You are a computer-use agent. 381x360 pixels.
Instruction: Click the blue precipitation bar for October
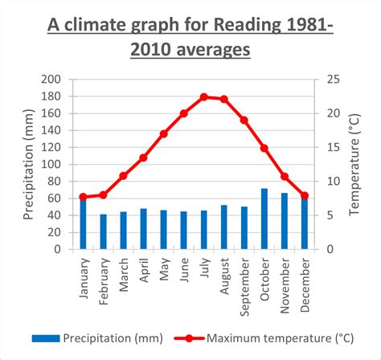pos(264,219)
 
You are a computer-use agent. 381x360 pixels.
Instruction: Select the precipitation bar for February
pos(103,231)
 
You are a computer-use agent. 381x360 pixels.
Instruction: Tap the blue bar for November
pos(284,221)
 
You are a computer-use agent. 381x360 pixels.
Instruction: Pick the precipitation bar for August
pos(223,227)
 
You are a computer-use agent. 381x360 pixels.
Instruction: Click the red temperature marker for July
pos(203,96)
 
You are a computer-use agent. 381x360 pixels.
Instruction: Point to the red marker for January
pos(83,197)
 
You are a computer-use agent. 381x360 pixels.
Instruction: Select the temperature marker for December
pos(304,195)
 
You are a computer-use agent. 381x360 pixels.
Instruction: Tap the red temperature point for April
pos(143,157)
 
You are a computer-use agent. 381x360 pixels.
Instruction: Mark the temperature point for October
pos(264,148)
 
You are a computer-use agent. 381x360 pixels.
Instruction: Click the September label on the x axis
pos(244,279)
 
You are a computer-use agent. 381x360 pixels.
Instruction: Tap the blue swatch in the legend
pos(46,338)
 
